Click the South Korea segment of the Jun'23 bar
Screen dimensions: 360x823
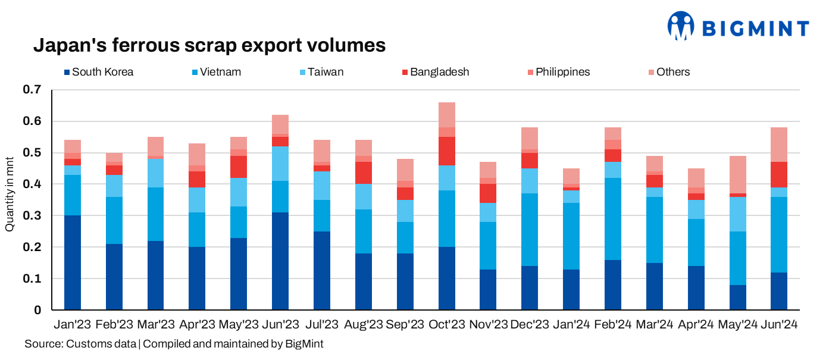(280, 261)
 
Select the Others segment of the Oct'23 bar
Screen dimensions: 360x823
(446, 115)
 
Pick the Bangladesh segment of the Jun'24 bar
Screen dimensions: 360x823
(778, 174)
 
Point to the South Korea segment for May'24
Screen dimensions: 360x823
(737, 297)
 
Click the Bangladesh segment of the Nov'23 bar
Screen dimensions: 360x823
(488, 193)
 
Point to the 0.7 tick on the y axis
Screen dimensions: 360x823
(33, 90)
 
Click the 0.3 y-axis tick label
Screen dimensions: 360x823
(33, 216)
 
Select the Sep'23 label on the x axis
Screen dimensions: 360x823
(405, 325)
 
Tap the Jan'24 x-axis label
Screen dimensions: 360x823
(571, 325)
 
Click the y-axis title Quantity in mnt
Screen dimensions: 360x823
(10, 200)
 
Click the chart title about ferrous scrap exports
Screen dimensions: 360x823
(209, 45)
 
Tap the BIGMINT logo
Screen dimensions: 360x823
(738, 27)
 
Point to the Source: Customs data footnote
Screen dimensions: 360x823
(174, 344)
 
